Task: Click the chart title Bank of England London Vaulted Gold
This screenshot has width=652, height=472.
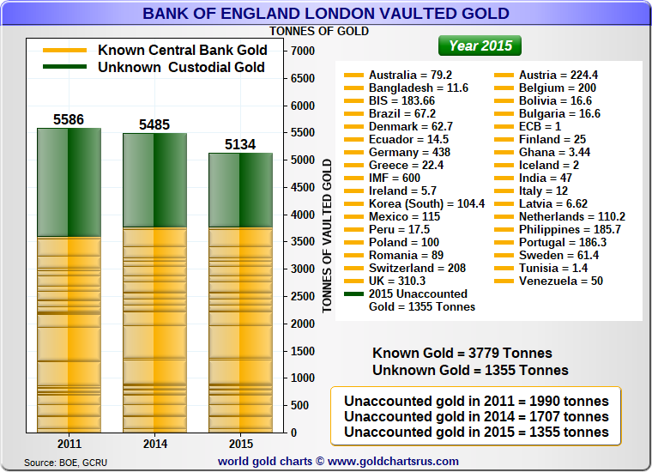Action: coord(325,14)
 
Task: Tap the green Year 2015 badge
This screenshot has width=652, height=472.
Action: coord(480,45)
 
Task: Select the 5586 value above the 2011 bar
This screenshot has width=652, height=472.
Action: coord(69,119)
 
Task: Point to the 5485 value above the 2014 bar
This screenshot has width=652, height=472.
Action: coord(154,125)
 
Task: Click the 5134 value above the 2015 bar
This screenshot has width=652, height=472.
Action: coord(240,144)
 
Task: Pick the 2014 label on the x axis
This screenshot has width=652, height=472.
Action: coord(154,445)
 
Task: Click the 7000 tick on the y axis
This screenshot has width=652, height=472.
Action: coord(303,51)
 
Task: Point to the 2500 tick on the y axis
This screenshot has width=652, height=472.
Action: coord(303,296)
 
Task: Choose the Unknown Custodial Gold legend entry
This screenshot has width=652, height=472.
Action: coord(181,67)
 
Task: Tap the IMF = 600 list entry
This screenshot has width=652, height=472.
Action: coord(395,178)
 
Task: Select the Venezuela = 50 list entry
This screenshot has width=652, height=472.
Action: coord(560,281)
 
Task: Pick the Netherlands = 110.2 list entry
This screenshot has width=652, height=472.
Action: coord(571,216)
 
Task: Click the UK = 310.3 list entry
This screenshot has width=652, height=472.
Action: coord(396,281)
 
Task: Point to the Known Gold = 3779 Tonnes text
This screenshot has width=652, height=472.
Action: coord(462,354)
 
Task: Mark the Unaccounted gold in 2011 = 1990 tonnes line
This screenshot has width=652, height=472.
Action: coord(476,401)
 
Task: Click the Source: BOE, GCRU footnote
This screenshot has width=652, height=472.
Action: coord(66,463)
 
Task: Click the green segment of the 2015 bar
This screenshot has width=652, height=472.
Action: coord(240,190)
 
